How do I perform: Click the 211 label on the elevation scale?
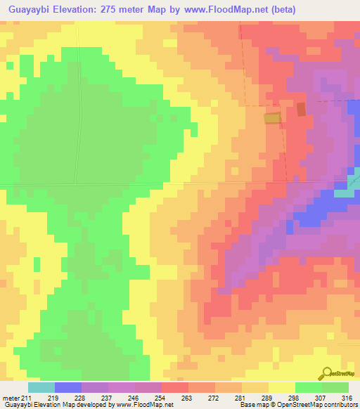click(25, 397)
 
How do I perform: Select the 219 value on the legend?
click(53, 397)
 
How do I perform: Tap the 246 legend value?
click(133, 397)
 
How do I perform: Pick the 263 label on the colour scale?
click(186, 397)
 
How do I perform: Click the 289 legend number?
click(266, 397)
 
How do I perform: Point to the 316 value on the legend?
click(347, 397)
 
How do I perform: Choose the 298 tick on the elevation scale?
click(293, 397)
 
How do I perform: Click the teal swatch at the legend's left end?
click(41, 387)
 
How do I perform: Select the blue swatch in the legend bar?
click(68, 387)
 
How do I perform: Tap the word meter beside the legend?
click(10, 397)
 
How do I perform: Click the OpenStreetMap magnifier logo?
click(326, 372)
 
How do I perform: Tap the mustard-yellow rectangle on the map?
click(272, 119)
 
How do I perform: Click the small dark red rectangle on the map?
click(302, 109)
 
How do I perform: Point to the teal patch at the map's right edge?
click(345, 190)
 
